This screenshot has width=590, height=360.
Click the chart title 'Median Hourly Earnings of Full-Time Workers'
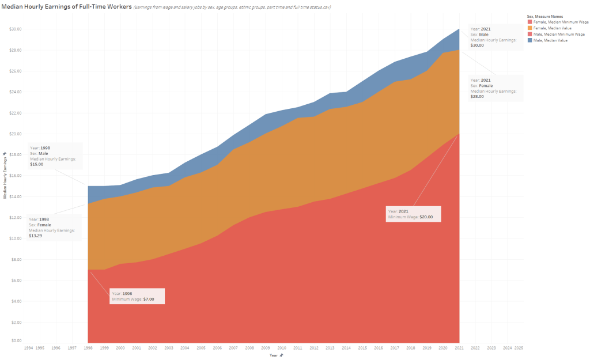pos(67,6)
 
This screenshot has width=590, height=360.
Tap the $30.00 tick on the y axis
pos(16,29)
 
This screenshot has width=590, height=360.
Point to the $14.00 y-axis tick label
pos(16,196)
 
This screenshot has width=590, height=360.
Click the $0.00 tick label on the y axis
pos(16,340)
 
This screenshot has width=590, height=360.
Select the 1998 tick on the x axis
pos(88,348)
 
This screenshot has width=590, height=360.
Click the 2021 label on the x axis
pos(459,348)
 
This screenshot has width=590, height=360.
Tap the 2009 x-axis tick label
pos(266,348)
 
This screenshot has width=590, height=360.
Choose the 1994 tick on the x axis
pos(28,348)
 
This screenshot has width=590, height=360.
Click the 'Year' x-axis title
pos(273,355)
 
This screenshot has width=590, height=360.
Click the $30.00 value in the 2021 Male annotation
pos(477,45)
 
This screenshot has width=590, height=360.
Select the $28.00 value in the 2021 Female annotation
pos(477,96)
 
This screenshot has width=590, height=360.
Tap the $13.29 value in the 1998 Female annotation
pos(35,236)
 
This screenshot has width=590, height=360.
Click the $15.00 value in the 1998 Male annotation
pos(36,164)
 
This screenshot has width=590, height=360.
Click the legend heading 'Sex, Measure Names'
pos(545,17)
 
